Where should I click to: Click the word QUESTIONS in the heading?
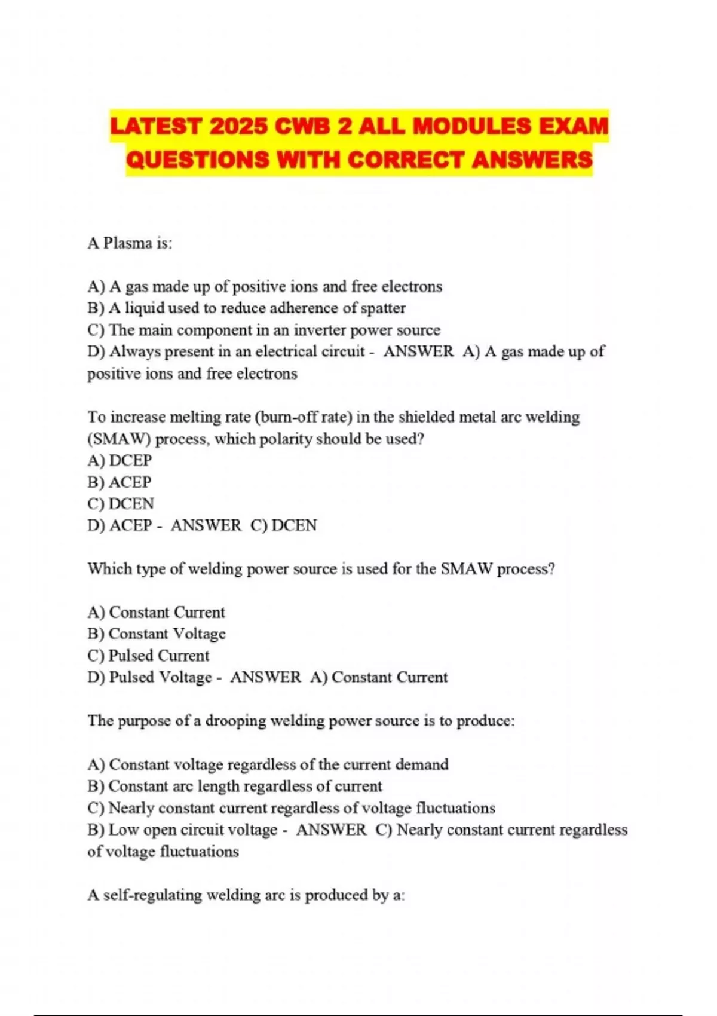[x=198, y=160]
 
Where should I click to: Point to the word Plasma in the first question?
[x=128, y=243]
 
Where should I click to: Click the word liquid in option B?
[x=144, y=308]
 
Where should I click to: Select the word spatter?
[x=383, y=308]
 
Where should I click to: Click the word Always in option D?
[x=134, y=351]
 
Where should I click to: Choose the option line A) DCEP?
[x=119, y=460]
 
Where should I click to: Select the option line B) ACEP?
[x=119, y=482]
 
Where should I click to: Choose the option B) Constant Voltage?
[x=157, y=634]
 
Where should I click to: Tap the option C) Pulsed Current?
[x=148, y=656]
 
